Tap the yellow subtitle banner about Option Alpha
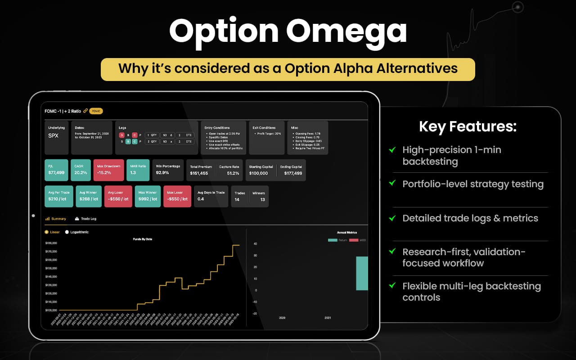[288, 69]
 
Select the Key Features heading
[468, 126]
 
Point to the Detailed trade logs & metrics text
[470, 218]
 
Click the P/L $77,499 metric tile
[56, 170]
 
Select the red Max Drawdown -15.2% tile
[108, 170]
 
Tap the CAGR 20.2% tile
[81, 170]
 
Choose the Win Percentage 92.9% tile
[167, 170]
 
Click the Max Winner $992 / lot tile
[147, 196]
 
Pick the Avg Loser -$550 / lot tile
[118, 196]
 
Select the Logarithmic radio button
[67, 232]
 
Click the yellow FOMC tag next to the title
[96, 111]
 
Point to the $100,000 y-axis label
[51, 310]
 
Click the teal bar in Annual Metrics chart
[362, 273]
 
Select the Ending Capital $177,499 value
[293, 173]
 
